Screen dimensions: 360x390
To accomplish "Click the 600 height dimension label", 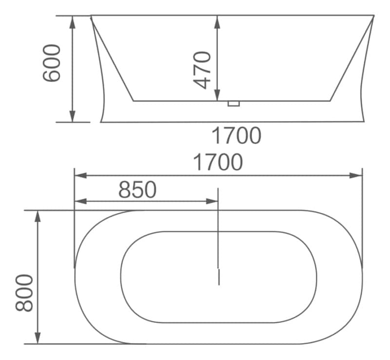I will pos(52,63).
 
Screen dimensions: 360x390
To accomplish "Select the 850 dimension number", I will pos(137,190).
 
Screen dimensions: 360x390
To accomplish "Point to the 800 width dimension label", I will pos(24,293).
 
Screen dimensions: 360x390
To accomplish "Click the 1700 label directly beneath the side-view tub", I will pos(236,135).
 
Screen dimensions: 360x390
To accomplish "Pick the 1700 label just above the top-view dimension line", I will pos(217,162).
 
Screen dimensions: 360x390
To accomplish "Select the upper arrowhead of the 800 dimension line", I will pos(38,216).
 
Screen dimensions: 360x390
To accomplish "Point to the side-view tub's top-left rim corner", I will pos(91,17).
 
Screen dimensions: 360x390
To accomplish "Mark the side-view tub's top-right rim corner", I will pos(373,17).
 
